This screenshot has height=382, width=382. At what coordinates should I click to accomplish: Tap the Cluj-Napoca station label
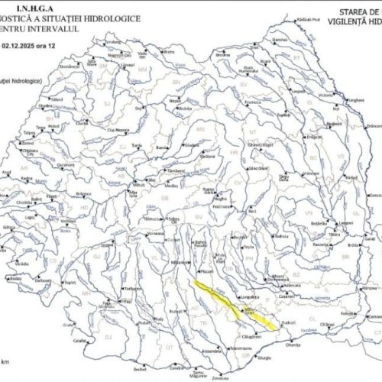(x=114, y=131)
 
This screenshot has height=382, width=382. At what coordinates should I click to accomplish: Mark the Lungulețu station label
(x=250, y=296)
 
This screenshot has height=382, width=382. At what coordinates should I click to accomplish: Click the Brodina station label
(x=222, y=55)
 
